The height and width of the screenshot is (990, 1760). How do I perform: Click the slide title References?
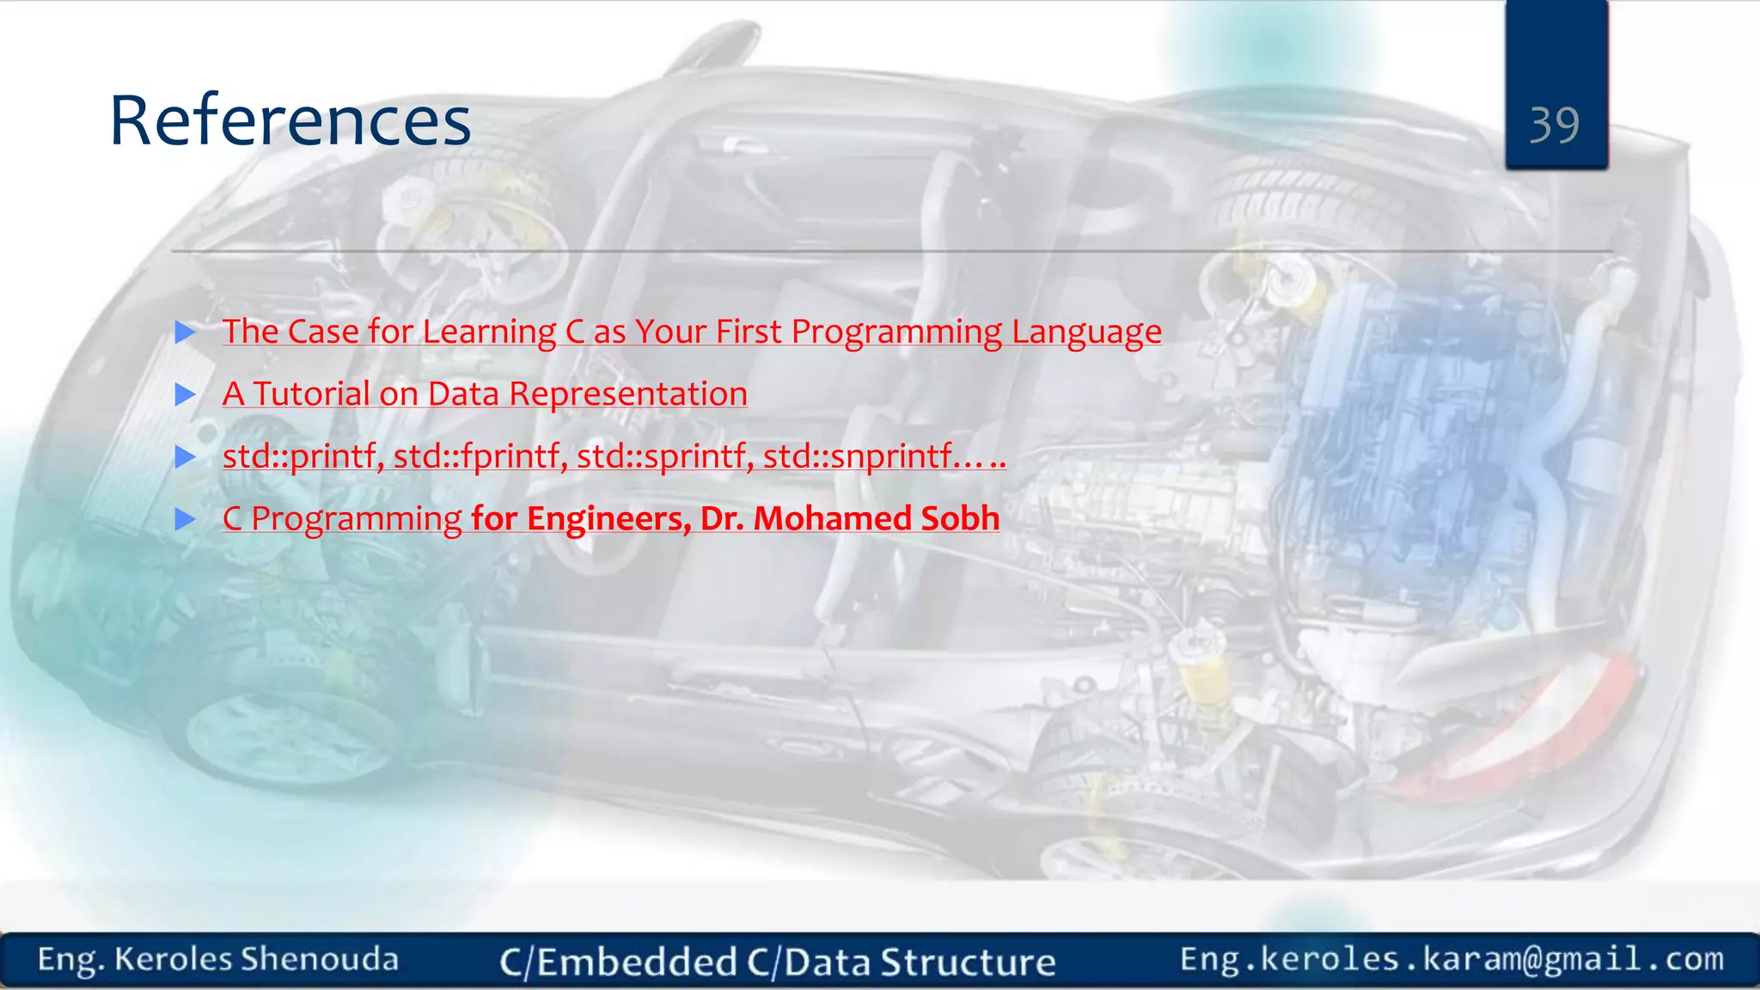tap(290, 120)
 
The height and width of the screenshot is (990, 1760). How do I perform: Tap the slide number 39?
tap(1554, 125)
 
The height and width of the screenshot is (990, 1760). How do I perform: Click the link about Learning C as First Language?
tap(692, 332)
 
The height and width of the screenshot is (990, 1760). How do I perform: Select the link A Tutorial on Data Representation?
tap(485, 394)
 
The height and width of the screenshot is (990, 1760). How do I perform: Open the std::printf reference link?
tap(614, 456)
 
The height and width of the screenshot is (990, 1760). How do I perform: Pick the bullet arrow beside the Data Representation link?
tap(186, 394)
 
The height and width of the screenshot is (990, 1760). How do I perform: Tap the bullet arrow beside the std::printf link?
tap(186, 456)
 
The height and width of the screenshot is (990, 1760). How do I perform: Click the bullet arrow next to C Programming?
tap(186, 519)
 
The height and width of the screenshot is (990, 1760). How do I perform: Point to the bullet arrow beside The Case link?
tap(186, 332)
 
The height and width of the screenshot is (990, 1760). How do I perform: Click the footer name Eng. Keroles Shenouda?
tap(218, 960)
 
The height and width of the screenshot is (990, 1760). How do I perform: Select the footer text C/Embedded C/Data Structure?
tap(777, 962)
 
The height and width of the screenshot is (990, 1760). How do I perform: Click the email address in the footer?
tap(1451, 959)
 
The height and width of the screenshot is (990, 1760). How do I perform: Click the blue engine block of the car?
tap(1409, 447)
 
